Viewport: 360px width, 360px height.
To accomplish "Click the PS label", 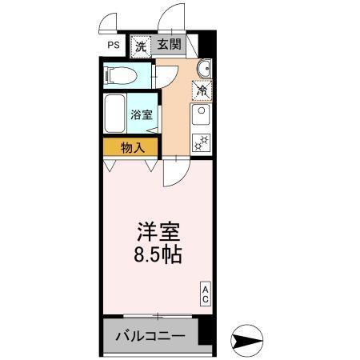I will pos(114,46).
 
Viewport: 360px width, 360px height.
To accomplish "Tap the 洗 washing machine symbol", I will pos(141,46).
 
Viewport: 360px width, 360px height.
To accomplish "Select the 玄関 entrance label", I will pos(168,46).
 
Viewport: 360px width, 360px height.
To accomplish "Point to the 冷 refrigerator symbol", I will pos(202,90).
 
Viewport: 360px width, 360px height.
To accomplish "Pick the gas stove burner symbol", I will pos(202,143).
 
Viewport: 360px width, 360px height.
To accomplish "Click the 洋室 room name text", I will pos(156,234).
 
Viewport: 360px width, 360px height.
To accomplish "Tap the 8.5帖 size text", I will pos(156,256).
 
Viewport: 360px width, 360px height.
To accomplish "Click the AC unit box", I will pos(205,294).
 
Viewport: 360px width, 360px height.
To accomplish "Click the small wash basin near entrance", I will pos(202,68).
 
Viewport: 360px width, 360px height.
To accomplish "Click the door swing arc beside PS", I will pos(112,22).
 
